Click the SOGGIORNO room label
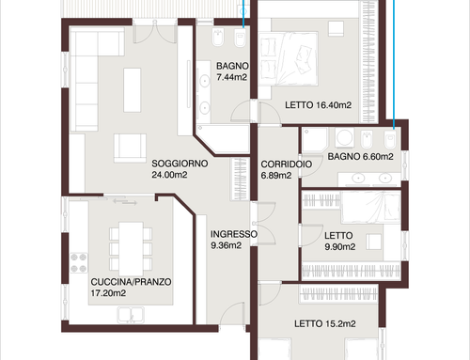point(180,164)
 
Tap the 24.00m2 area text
point(169,175)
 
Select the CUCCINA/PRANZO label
point(131,282)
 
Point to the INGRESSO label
point(234,234)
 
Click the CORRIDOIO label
point(287,164)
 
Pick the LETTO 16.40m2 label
point(318,105)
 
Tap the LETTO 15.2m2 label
point(325,323)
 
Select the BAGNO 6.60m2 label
point(360,156)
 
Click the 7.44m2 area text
point(232,77)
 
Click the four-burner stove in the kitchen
point(79,263)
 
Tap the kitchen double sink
point(131,315)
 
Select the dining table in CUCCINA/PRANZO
point(131,249)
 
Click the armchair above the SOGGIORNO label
point(130,148)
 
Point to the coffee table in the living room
point(133,90)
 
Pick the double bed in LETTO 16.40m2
point(289,58)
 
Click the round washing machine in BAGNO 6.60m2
point(344,137)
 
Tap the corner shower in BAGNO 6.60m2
point(315,140)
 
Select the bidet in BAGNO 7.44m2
point(217,38)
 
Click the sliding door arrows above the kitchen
point(125,201)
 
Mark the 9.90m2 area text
point(340,247)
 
